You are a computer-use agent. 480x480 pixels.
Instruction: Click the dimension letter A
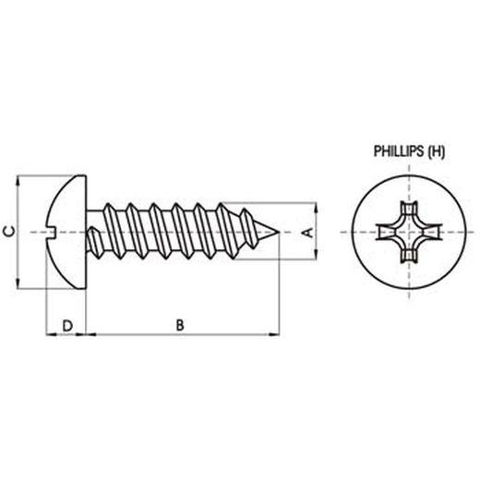[x=310, y=231]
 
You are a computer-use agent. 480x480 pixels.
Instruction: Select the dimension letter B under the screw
[x=181, y=324]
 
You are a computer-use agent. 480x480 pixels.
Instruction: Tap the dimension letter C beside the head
[x=9, y=231]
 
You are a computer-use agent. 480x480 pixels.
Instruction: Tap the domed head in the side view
[x=65, y=231]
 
